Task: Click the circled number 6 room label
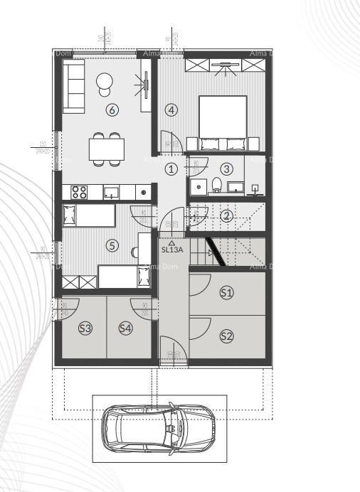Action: pos(111,109)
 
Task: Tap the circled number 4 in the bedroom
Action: pos(171,109)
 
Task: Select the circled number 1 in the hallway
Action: pos(171,169)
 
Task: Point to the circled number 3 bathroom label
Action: pos(226,169)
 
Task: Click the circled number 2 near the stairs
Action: pos(226,216)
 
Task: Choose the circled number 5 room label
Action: pos(111,245)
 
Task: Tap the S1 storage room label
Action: pos(226,292)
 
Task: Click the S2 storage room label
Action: pos(226,336)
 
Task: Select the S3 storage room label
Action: pos(85,328)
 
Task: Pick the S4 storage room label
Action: pos(125,328)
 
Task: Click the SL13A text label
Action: pos(171,250)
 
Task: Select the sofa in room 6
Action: pos(73,86)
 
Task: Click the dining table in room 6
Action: pos(107,149)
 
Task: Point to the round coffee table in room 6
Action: pos(105,82)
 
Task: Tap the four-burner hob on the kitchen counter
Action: pos(78,191)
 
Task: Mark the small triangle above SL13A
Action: pos(171,242)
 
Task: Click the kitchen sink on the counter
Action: pos(111,191)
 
